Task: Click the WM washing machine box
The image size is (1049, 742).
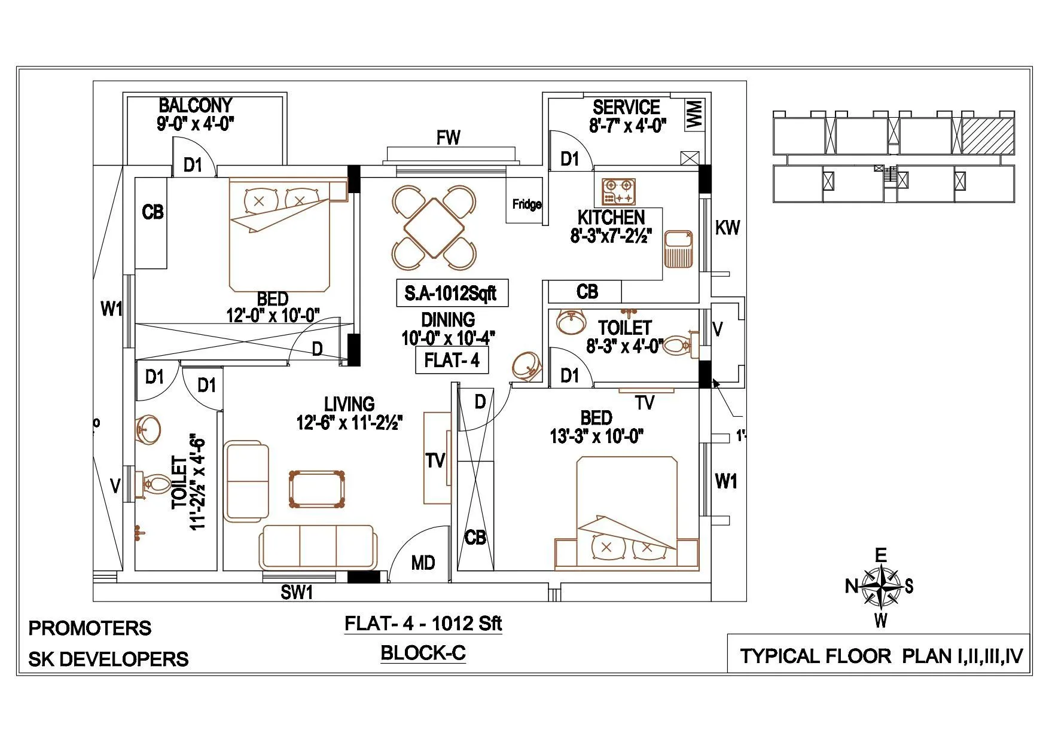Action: tap(695, 114)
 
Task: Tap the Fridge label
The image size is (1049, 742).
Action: tap(526, 204)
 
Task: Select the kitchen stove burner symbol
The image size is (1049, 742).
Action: tap(619, 191)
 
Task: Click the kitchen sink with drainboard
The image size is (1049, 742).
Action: tap(678, 248)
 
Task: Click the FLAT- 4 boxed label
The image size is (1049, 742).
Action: tap(452, 361)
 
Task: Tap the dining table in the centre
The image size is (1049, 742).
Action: tap(435, 227)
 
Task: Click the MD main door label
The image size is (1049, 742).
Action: tap(423, 563)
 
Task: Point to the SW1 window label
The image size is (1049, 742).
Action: tap(297, 593)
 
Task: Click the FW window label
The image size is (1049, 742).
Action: tap(448, 138)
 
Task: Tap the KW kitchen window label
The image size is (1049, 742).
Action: tap(727, 228)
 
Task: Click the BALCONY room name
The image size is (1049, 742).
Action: tap(195, 105)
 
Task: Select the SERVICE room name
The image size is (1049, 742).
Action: tap(626, 108)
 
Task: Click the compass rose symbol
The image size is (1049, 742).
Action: tap(881, 586)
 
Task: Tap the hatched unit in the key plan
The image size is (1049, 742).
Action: tap(988, 135)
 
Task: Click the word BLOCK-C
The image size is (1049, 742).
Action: tap(423, 653)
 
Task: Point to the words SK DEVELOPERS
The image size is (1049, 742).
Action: tap(108, 659)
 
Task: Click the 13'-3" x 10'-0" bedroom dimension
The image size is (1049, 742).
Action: tap(596, 436)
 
